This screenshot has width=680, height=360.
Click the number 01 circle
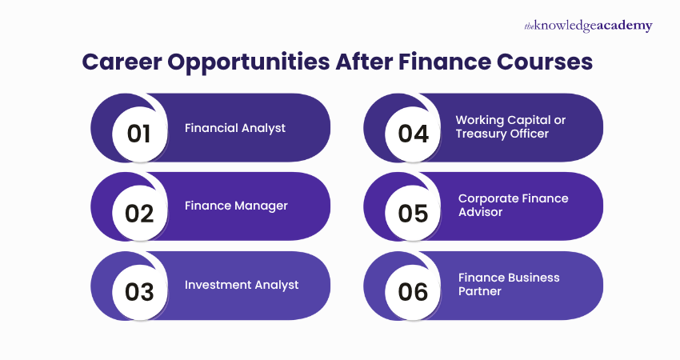click(138, 133)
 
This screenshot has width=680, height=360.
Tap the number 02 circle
click(138, 213)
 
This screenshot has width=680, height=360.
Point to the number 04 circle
click(413, 133)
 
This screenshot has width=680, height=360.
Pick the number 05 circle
click(413, 213)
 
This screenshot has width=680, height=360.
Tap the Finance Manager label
click(236, 206)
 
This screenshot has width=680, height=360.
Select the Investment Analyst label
click(242, 285)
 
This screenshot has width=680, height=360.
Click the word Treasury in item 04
click(483, 134)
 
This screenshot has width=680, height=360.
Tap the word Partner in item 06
click(480, 292)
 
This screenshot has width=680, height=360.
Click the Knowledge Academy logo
click(588, 26)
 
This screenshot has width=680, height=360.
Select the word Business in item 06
click(531, 278)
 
